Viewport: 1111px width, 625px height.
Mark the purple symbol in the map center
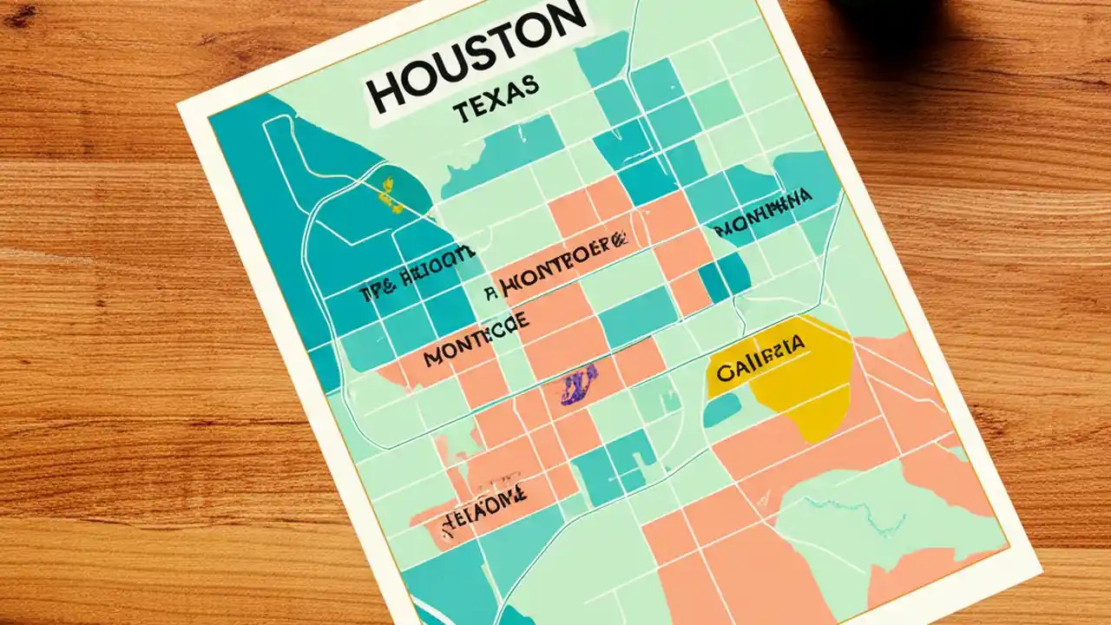[579, 385]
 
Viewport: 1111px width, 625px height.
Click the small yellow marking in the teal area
[391, 194]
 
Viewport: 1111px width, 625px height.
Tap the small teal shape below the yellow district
[722, 410]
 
